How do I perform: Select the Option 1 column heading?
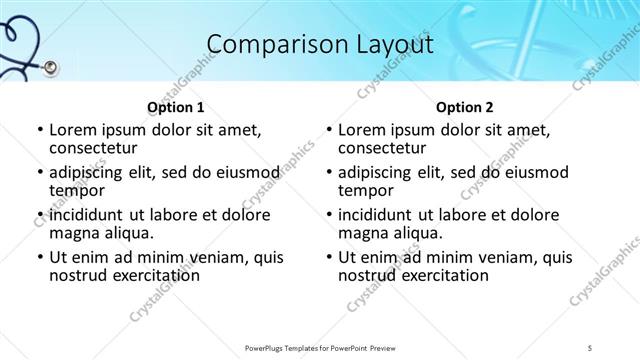click(176, 108)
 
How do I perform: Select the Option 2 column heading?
click(465, 108)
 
